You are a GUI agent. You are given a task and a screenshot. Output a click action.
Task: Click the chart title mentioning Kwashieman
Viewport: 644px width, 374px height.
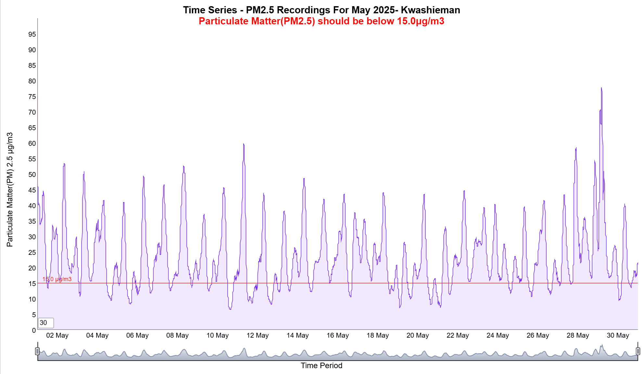pyautogui.click(x=321, y=10)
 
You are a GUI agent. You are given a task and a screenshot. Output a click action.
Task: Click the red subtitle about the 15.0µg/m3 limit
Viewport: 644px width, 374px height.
pyautogui.click(x=321, y=21)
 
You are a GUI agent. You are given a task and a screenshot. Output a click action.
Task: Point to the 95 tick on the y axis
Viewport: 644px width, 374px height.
pyautogui.click(x=32, y=34)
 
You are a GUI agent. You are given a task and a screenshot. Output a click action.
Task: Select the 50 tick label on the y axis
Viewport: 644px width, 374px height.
pyautogui.click(x=32, y=175)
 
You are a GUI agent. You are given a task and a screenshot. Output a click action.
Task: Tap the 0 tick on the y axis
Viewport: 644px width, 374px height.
pyautogui.click(x=34, y=330)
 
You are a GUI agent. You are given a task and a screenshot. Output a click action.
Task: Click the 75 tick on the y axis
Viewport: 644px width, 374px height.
pyautogui.click(x=32, y=97)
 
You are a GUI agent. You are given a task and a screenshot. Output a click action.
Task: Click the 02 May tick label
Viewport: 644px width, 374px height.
pyautogui.click(x=57, y=335)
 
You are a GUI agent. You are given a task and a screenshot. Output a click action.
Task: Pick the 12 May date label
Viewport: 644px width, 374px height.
pyautogui.click(x=258, y=335)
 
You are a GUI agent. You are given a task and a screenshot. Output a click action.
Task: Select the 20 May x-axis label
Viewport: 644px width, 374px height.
pyautogui.click(x=418, y=335)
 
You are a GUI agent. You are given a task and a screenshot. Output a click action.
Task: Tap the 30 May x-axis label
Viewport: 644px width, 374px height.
pyautogui.click(x=618, y=335)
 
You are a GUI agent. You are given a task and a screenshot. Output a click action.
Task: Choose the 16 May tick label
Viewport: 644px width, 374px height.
pyautogui.click(x=337, y=335)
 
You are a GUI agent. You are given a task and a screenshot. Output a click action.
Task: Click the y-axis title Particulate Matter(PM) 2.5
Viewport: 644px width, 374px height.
pyautogui.click(x=10, y=190)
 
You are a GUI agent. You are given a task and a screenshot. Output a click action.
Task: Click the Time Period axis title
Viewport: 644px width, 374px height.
pyautogui.click(x=321, y=366)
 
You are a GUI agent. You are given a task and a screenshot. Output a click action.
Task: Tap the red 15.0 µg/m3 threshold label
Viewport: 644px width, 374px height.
pyautogui.click(x=57, y=279)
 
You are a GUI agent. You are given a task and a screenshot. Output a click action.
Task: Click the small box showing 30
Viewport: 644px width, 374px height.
pyautogui.click(x=46, y=323)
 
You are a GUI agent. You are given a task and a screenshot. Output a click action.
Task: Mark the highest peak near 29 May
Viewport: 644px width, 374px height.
pyautogui.click(x=601, y=88)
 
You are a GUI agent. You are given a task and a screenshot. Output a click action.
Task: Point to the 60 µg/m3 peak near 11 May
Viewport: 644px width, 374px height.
pyautogui.click(x=244, y=144)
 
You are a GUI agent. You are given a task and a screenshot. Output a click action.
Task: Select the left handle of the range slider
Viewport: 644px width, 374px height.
pyautogui.click(x=37, y=351)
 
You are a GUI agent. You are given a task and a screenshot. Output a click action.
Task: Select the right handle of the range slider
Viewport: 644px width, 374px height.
pyautogui.click(x=638, y=351)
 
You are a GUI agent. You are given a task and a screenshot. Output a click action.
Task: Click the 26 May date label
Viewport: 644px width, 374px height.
pyautogui.click(x=537, y=335)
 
